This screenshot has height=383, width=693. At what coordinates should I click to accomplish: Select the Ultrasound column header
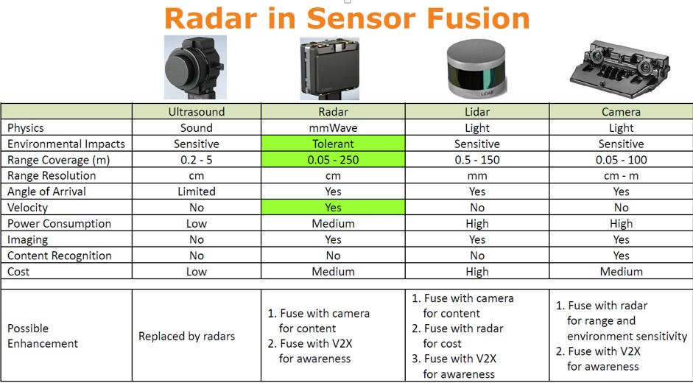click(196, 112)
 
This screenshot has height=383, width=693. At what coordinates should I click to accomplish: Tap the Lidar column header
click(477, 112)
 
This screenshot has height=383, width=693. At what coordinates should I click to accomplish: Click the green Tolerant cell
click(333, 144)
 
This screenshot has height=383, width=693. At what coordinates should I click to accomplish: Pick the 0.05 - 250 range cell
click(333, 160)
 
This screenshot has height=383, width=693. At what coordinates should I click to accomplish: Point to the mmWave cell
click(333, 128)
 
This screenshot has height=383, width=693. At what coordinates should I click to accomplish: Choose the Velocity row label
click(27, 208)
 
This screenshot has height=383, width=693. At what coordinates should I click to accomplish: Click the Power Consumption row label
click(59, 224)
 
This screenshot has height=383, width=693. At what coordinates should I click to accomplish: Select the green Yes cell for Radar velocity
click(333, 208)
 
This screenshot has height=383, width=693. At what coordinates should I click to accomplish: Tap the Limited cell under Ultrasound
click(196, 191)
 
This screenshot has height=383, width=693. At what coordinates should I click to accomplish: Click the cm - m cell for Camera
click(621, 175)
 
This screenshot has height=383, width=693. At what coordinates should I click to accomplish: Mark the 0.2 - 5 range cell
click(196, 160)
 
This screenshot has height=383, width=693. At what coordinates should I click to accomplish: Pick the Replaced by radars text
click(186, 336)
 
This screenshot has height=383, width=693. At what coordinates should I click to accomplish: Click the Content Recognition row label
click(59, 256)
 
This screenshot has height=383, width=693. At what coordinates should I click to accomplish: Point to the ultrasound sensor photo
click(195, 67)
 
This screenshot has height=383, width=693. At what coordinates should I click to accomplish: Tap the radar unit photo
click(330, 68)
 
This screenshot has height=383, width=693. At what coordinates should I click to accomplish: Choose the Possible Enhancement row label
click(43, 336)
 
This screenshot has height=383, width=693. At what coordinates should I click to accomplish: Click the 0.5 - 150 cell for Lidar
click(477, 160)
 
